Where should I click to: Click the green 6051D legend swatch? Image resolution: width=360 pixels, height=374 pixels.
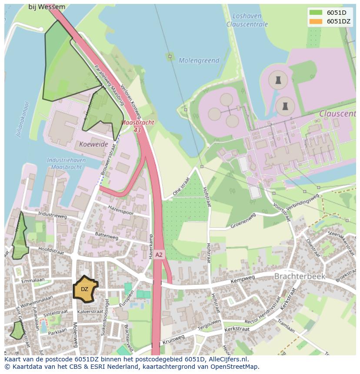[316, 13]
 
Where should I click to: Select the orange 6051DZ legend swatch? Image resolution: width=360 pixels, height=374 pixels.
[316, 21]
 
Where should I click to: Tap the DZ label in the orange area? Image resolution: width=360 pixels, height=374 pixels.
[84, 289]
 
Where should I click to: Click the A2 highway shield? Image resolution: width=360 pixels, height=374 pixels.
[159, 255]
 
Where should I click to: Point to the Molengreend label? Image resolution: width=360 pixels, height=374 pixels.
[199, 61]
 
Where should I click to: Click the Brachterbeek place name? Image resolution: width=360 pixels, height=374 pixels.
[300, 276]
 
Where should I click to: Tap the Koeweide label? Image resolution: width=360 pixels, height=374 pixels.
[93, 144]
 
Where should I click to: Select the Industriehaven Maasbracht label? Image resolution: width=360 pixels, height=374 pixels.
[66, 163]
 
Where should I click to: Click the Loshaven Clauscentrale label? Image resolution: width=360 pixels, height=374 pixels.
[247, 20]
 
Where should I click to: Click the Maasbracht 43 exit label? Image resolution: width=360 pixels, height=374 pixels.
[137, 126]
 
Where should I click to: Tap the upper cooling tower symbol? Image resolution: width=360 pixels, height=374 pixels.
[277, 80]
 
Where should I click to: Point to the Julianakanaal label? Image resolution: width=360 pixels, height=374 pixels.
[21, 119]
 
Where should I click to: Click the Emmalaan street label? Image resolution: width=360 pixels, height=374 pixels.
[33, 282]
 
